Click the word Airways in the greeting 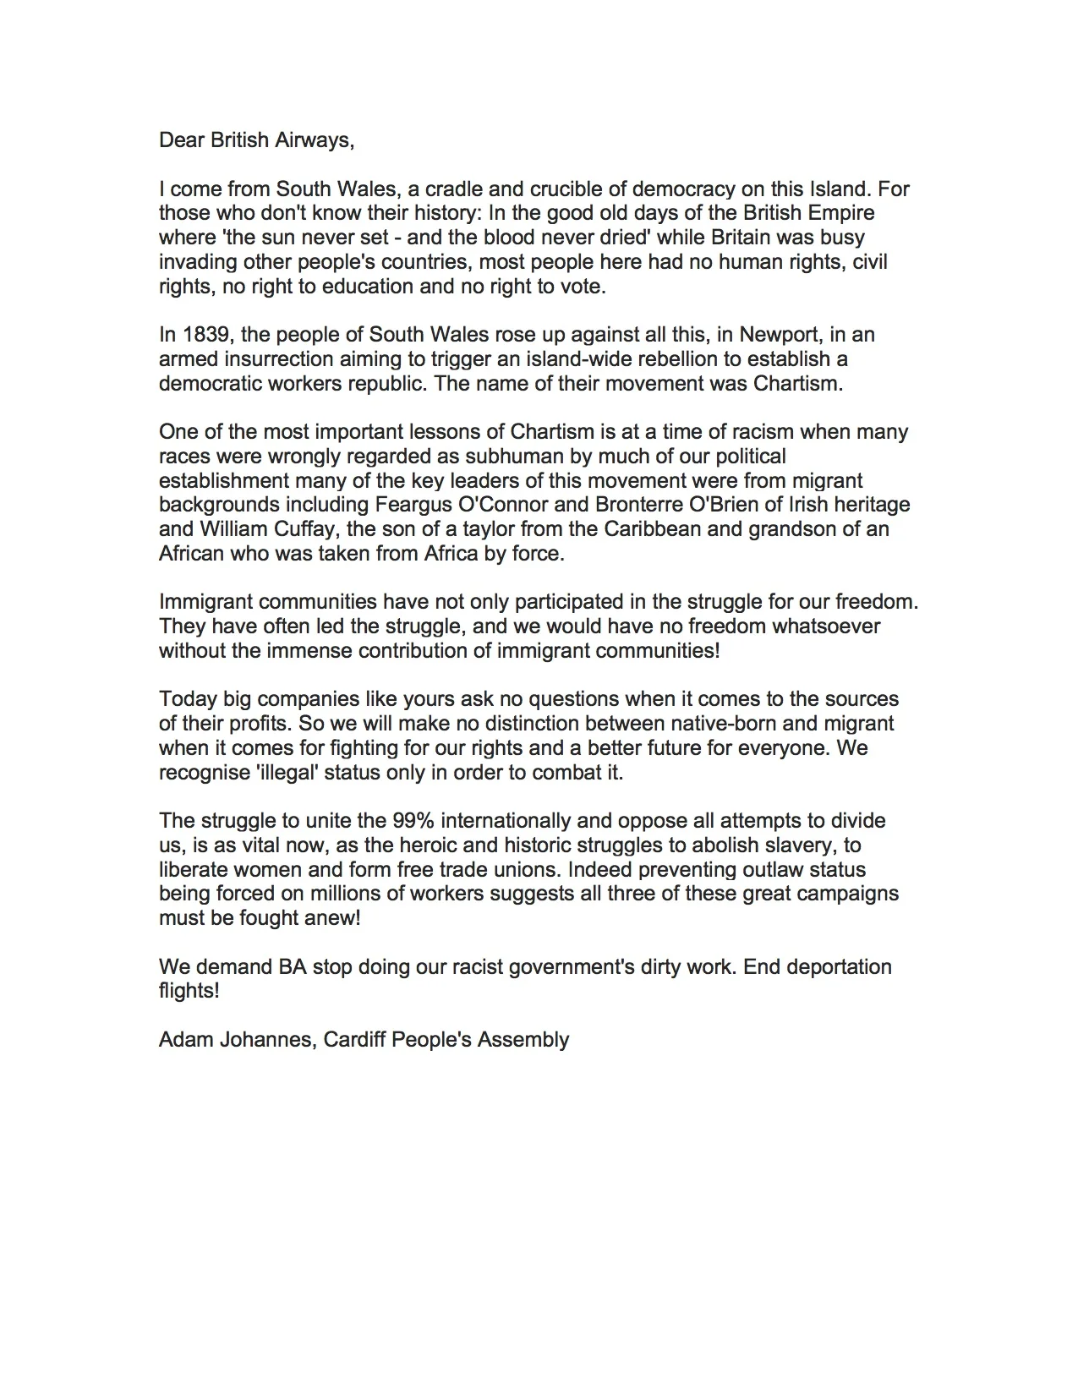[x=318, y=140]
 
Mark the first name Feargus [x=408, y=506]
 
